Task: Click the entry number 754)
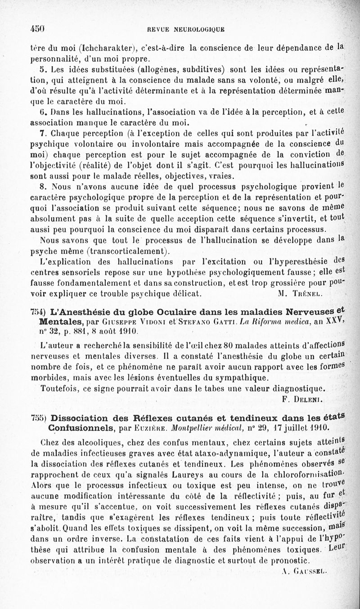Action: coord(37,313)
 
